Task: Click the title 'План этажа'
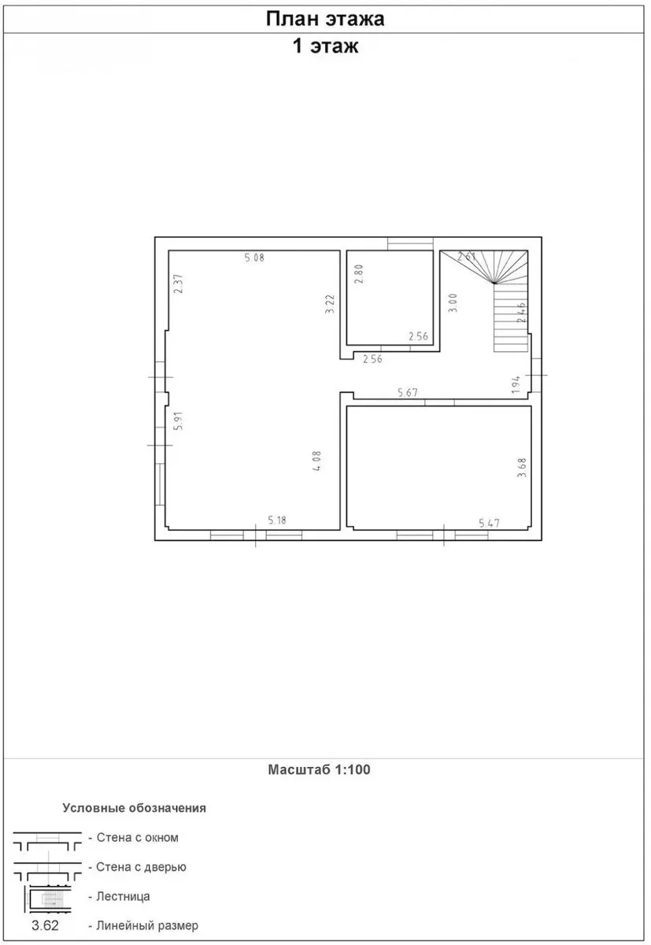(324, 20)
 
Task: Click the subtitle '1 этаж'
(325, 46)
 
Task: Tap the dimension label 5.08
(254, 258)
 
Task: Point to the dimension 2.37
(179, 283)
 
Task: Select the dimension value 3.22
(330, 304)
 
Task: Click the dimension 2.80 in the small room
(359, 274)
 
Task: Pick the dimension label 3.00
(453, 303)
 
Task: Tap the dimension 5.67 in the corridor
(408, 393)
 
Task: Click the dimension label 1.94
(516, 384)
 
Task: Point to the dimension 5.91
(179, 421)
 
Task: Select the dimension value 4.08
(316, 461)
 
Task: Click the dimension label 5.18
(277, 521)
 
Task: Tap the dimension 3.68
(522, 468)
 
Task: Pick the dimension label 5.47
(489, 523)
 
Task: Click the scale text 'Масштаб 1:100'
(319, 769)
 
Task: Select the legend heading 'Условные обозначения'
(134, 808)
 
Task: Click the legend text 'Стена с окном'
(138, 837)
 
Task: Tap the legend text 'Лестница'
(123, 896)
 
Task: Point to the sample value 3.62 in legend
(45, 925)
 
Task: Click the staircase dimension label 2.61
(467, 256)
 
